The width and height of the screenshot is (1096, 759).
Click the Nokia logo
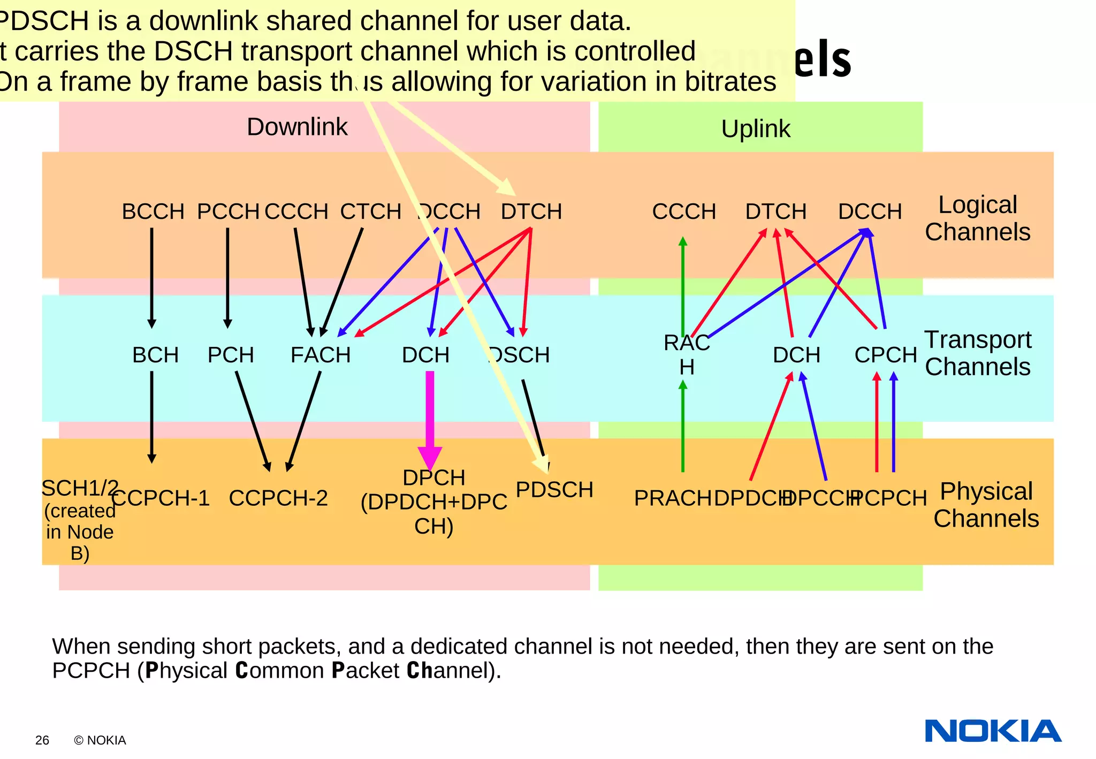pos(993,731)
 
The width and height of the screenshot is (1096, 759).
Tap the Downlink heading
pos(297,127)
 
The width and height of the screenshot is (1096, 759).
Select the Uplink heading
pos(755,129)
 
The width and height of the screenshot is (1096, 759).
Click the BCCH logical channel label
pos(153,211)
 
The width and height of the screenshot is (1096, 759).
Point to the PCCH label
pos(228,211)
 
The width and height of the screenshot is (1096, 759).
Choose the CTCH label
pos(370,211)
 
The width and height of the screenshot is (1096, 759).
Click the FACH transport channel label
pos(320,355)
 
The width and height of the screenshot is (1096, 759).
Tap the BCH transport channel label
pos(155,355)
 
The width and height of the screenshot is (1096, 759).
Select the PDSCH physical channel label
pos(554,490)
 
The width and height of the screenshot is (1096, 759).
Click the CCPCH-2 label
pos(278,498)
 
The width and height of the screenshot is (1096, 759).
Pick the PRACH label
pos(672,498)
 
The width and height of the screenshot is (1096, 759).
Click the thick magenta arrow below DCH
pos(430,418)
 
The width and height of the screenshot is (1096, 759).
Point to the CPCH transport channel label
pos(886,355)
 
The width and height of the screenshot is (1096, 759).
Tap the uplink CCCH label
pos(684,211)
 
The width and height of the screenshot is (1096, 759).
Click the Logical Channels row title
pos(977,218)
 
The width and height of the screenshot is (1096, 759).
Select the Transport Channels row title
pos(977,353)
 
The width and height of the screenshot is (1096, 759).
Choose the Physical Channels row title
pos(986,505)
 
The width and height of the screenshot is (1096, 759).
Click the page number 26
pos(42,740)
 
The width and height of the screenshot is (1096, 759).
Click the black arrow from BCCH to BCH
pos(152,278)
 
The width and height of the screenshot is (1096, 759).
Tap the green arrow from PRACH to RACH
pos(683,428)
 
